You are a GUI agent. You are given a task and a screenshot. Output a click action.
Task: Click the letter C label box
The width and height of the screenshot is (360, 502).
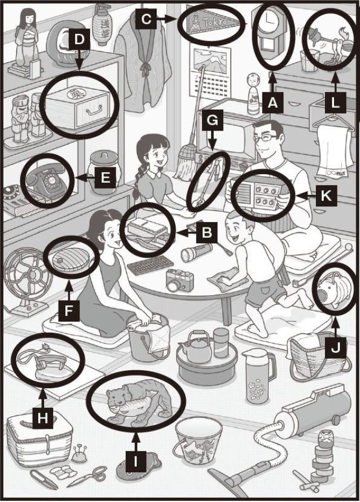click(x=146, y=19)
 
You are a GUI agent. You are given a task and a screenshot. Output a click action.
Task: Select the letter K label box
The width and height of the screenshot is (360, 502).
click(x=326, y=195)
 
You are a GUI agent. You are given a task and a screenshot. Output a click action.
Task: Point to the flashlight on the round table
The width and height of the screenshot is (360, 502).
click(x=196, y=252)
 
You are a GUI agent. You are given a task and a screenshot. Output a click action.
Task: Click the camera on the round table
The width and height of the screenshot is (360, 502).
click(x=179, y=279)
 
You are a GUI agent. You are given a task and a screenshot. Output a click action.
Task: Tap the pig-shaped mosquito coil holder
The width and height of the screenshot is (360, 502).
click(x=335, y=287)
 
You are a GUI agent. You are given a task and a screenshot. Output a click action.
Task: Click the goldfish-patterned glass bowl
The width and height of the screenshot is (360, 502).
click(x=198, y=440)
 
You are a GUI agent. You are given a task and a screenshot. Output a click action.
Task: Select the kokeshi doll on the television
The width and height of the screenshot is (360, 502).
click(x=254, y=94)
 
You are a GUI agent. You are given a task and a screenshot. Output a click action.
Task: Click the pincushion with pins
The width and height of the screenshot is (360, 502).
click(x=79, y=456)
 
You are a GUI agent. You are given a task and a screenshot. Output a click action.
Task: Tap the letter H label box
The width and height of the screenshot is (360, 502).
click(x=42, y=418)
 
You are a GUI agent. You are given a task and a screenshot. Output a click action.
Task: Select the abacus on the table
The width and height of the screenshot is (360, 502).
click(x=151, y=265)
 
